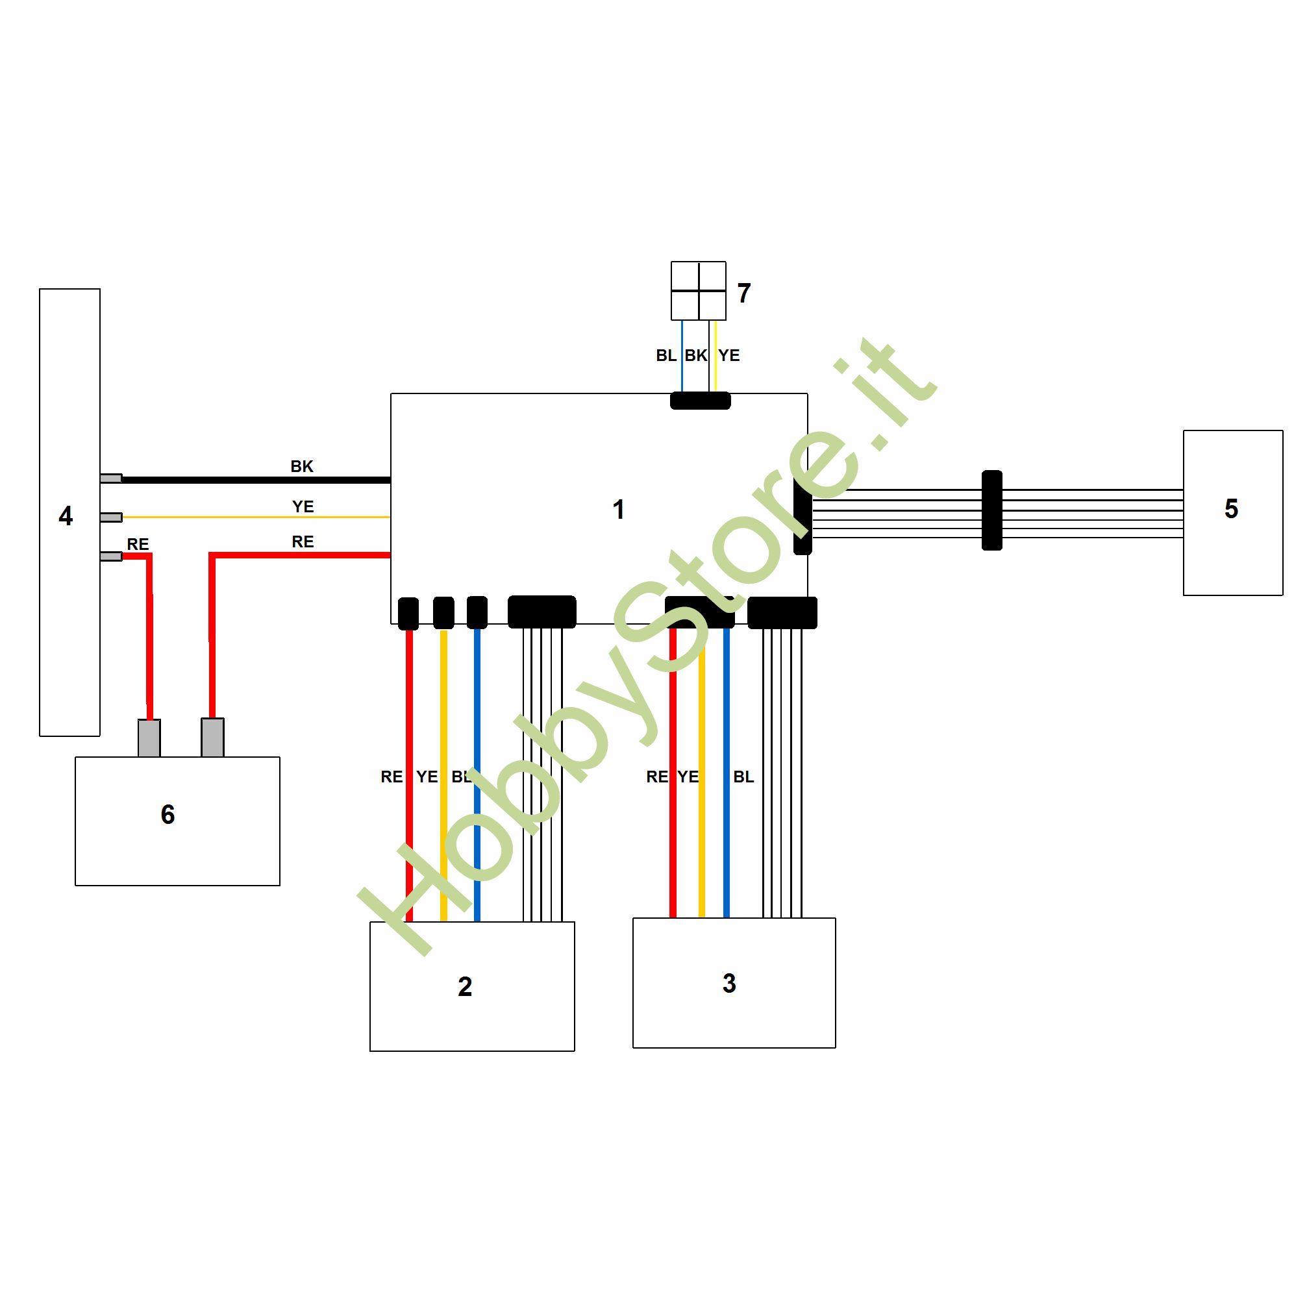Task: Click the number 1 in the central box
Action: point(618,510)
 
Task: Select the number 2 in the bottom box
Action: point(465,986)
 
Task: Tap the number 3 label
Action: point(729,983)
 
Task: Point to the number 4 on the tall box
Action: point(66,516)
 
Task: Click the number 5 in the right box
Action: point(1231,509)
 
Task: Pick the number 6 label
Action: point(168,814)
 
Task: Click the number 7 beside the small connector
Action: point(744,293)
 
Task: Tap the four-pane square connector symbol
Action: point(698,291)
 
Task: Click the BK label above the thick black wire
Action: point(302,466)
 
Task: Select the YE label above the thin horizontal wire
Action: point(303,506)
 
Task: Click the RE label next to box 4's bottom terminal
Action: point(138,544)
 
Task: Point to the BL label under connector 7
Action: point(666,355)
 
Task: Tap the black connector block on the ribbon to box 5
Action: point(991,510)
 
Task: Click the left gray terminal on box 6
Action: point(149,738)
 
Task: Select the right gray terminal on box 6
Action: point(212,738)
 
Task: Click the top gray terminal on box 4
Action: point(111,479)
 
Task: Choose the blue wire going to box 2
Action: point(477,775)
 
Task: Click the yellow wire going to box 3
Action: point(701,773)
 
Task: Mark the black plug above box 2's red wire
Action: point(408,614)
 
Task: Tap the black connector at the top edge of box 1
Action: point(700,401)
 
